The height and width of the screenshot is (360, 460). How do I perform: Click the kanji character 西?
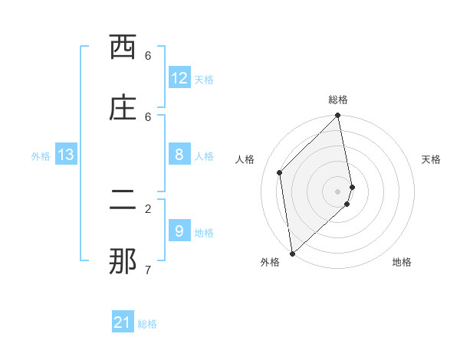click(123, 47)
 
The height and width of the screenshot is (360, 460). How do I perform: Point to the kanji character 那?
click(123, 261)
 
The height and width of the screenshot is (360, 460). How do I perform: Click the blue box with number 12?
click(179, 78)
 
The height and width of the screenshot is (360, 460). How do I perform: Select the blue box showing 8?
click(179, 155)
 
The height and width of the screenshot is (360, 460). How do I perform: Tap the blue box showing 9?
click(179, 231)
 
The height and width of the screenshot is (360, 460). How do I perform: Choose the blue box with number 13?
click(66, 155)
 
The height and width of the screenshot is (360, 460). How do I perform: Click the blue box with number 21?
click(123, 322)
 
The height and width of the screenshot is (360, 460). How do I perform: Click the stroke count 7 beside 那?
click(148, 270)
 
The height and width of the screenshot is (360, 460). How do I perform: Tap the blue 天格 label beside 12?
click(204, 80)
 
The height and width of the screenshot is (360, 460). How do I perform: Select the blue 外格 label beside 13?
click(41, 156)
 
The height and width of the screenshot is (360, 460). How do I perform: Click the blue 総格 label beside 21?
click(147, 324)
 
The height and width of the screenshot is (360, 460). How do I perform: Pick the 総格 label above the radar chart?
click(338, 100)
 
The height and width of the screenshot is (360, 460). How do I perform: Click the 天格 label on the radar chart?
click(431, 159)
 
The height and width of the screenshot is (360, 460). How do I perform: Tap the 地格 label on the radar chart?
click(402, 262)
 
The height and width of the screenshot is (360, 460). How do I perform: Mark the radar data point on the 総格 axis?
click(338, 116)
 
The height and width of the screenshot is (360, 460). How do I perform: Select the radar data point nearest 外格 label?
click(292, 253)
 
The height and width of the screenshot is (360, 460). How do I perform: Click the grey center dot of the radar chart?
click(338, 191)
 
